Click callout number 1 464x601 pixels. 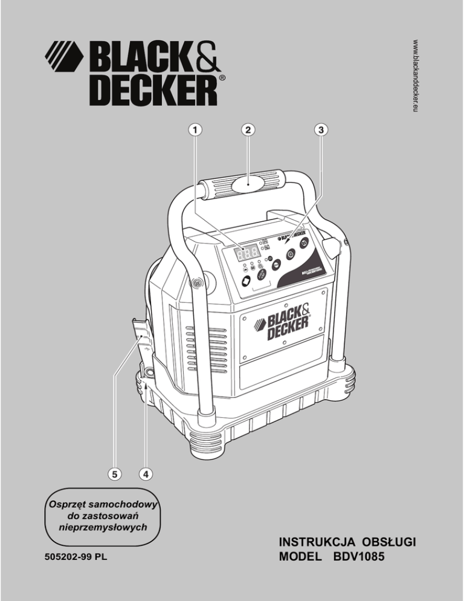coord(195,129)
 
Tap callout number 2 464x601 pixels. coord(247,129)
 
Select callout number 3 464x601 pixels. coord(322,129)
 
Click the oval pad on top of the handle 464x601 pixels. coord(249,182)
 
